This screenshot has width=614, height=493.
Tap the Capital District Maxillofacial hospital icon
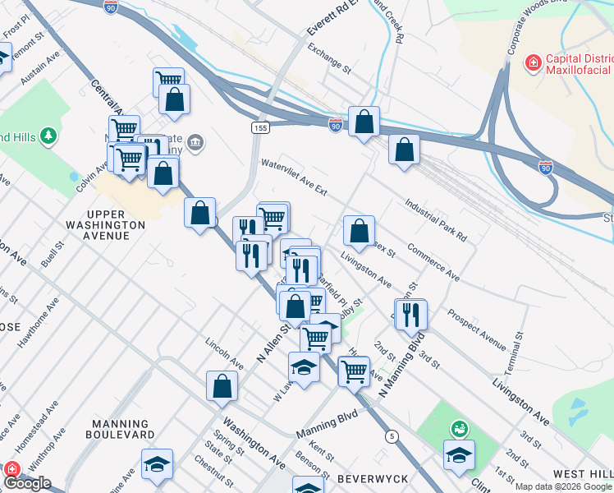[534, 61]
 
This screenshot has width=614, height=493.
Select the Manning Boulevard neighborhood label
[119, 428]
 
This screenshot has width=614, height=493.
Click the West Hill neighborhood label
[582, 474]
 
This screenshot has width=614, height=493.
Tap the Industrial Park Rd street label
[436, 219]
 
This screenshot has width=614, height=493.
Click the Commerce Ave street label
[433, 261]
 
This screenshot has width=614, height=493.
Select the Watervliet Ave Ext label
[294, 177]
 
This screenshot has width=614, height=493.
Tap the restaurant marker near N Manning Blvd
[411, 314]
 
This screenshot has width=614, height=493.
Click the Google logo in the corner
[26, 483]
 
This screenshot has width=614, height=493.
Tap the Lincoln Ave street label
[225, 352]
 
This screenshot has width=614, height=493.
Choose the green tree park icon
[48, 135]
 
